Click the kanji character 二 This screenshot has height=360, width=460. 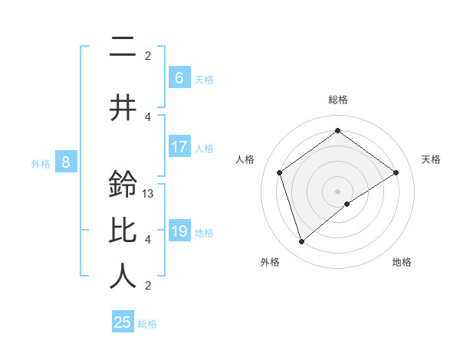pyautogui.click(x=122, y=49)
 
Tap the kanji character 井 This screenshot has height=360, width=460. pyautogui.click(x=122, y=108)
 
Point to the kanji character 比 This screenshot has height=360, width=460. pyautogui.click(x=122, y=231)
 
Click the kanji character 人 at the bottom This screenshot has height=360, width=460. pyautogui.click(x=122, y=277)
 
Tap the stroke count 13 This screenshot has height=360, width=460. pyautogui.click(x=149, y=194)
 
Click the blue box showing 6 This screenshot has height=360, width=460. pyautogui.click(x=179, y=77)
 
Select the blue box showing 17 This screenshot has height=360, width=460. pyautogui.click(x=179, y=146)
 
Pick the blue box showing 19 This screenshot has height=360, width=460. pyautogui.click(x=179, y=231)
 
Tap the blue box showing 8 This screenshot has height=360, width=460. pyautogui.click(x=66, y=162)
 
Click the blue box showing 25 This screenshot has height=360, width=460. pyautogui.click(x=123, y=322)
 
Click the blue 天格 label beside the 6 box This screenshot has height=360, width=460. pyautogui.click(x=203, y=80)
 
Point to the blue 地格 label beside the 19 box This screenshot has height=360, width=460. pyautogui.click(x=203, y=233)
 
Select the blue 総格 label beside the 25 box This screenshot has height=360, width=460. pyautogui.click(x=147, y=325)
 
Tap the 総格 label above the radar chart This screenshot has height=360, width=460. pyautogui.click(x=338, y=100)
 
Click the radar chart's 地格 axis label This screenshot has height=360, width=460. pyautogui.click(x=402, y=262)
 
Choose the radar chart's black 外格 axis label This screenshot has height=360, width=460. pyautogui.click(x=270, y=262)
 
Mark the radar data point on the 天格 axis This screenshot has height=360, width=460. pyautogui.click(x=396, y=172)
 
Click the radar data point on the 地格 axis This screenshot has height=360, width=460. pyautogui.click(x=347, y=204)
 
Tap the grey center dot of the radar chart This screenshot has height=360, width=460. pyautogui.click(x=338, y=191)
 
